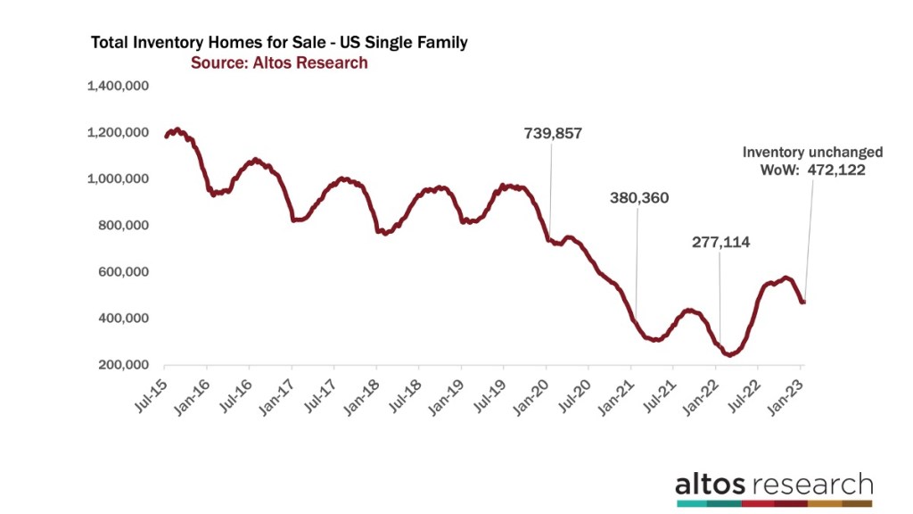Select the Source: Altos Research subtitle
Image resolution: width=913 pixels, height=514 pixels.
(279, 62)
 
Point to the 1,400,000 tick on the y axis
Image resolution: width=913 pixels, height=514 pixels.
(117, 87)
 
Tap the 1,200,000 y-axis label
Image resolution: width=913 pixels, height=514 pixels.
(117, 133)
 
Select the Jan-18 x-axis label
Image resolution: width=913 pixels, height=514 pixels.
(359, 387)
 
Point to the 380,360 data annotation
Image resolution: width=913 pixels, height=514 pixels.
(638, 198)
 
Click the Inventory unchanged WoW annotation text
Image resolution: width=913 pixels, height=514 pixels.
(813, 161)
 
